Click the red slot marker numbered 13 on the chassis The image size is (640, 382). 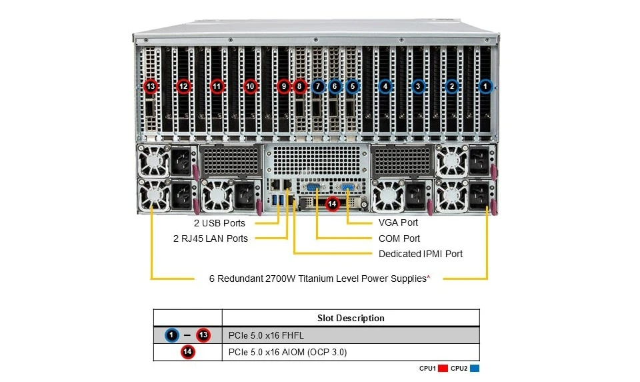coord(151,86)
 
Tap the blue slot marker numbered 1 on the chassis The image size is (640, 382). coord(485,86)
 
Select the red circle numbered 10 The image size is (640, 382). coord(250,86)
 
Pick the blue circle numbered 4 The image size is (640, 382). coord(385,86)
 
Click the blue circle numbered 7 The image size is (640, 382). coord(318,86)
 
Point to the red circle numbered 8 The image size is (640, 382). coord(300,86)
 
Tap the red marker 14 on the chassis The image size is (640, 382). coord(332,204)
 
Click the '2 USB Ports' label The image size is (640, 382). coord(219,223)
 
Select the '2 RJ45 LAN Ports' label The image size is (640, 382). coord(211,238)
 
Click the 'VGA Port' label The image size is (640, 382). coord(399,222)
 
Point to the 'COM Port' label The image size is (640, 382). coord(399,238)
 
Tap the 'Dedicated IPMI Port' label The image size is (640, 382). coord(421,254)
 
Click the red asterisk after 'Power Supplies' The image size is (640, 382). coord(429,277)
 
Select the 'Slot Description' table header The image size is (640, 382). coord(351,318)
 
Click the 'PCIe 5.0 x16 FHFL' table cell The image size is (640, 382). coord(266,335)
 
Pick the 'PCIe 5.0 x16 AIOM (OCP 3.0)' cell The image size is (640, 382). coord(288,352)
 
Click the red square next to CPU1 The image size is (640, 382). coord(443,369)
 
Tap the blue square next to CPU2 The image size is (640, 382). coord(475,369)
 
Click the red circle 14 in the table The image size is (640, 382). coord(187,352)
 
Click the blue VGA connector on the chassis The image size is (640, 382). coord(347,187)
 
